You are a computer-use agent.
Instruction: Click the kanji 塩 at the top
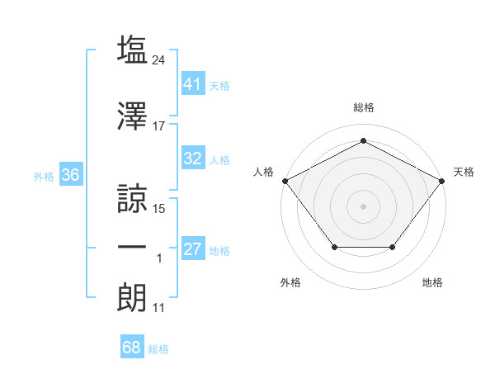pos(132,50)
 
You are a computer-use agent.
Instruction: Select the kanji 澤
pos(132,116)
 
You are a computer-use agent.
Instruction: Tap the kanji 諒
pos(132,199)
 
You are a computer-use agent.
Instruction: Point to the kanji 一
pos(132,248)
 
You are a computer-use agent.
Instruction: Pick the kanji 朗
pos(132,298)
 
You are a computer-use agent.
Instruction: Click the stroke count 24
pos(158,60)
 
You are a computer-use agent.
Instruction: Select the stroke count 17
pos(158,126)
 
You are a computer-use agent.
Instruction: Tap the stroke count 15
pos(158,209)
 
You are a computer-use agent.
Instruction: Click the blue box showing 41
pos(193,83)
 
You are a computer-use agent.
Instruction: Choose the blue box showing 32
pos(193,158)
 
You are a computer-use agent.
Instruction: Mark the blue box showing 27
pos(193,248)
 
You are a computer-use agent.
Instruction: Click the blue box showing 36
pos(71,174)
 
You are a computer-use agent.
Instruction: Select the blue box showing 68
pos(132,346)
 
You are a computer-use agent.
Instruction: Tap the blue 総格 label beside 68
pos(158,349)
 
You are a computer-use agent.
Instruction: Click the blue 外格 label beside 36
pos(44,177)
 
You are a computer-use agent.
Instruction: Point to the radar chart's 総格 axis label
pos(364,107)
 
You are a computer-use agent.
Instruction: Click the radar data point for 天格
pos(441,181)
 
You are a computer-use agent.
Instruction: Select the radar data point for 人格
pos(285,181)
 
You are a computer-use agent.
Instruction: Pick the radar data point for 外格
pos(335,247)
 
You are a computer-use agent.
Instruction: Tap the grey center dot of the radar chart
pos(363,206)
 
